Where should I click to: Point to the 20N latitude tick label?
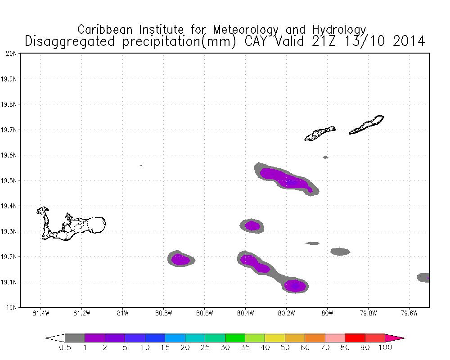pos(12,54)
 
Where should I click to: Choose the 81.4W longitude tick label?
pos(41,313)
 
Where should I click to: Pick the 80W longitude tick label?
pos(327,313)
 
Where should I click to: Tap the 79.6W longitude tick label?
pos(409,313)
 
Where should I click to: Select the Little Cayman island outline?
pos(320,133)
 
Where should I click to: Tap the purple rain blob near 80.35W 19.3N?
pos(252,225)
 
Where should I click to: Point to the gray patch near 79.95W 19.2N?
pos(340,252)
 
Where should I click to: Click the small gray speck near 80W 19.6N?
pos(325,157)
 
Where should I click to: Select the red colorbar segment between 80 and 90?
pos(355,337)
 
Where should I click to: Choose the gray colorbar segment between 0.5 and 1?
pos(75,337)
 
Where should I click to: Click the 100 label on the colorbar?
pos(385,347)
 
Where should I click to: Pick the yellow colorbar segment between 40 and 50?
pos(274,337)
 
